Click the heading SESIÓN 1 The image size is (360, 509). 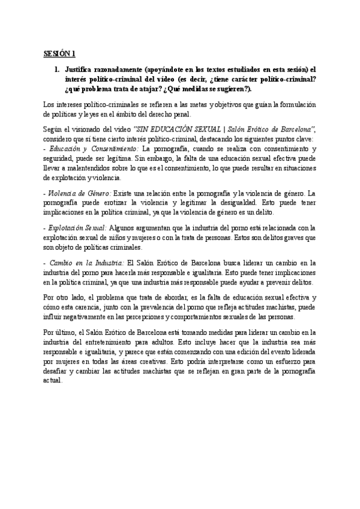coord(59,53)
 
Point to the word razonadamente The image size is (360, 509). coord(122,69)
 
